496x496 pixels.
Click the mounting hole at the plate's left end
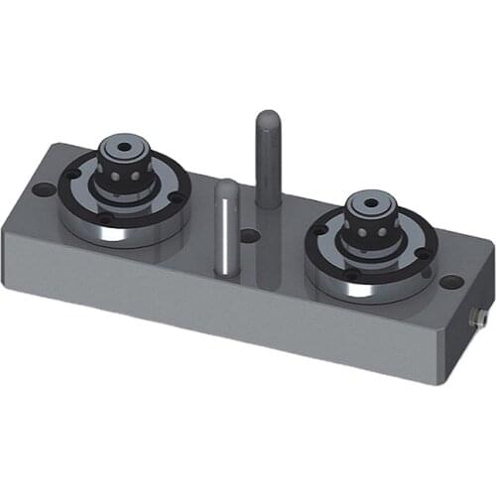point(41,188)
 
